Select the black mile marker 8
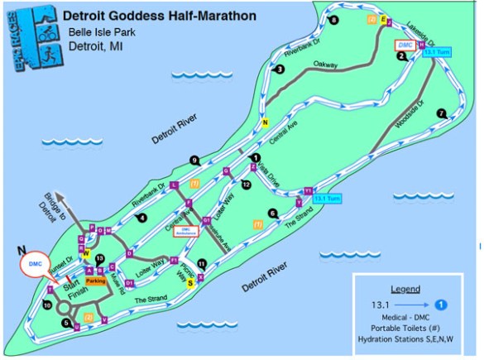[333, 20]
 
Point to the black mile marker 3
[280, 70]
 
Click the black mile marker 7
[442, 113]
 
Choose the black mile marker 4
[142, 218]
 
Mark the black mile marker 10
[46, 305]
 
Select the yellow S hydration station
[191, 282]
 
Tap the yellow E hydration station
[384, 20]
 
